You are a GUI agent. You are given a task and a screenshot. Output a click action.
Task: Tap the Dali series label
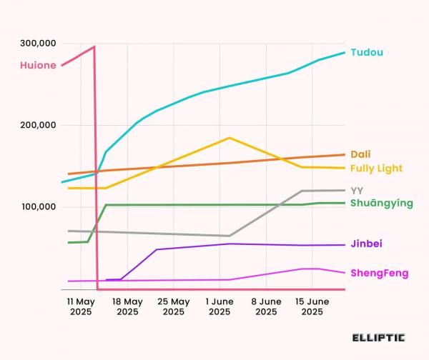point(360,154)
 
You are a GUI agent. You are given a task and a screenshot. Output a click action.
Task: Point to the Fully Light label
point(377,168)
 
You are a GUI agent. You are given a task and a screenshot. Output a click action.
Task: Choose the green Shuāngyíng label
point(382,204)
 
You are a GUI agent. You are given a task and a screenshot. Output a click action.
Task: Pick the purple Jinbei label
point(366,244)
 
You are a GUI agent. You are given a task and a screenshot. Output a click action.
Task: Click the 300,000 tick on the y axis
point(38,44)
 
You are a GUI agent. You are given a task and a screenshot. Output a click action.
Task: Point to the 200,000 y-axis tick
point(38,126)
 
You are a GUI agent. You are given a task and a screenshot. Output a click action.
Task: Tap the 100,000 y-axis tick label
point(38,207)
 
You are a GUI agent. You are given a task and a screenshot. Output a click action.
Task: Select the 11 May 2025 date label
point(81,306)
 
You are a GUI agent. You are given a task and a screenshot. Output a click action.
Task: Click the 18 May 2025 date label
point(127,306)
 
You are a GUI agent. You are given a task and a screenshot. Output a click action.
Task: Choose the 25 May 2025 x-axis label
point(174,306)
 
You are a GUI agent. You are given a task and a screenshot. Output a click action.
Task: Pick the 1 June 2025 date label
point(220,306)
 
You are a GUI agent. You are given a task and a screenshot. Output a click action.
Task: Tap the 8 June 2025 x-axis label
point(266,306)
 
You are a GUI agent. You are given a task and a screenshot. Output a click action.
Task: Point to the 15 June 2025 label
point(312,306)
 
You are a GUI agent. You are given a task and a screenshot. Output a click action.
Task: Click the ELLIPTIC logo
point(378,336)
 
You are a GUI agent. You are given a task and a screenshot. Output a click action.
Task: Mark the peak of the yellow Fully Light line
point(230,138)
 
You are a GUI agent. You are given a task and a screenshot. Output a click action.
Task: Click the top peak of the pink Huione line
point(94,47)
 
